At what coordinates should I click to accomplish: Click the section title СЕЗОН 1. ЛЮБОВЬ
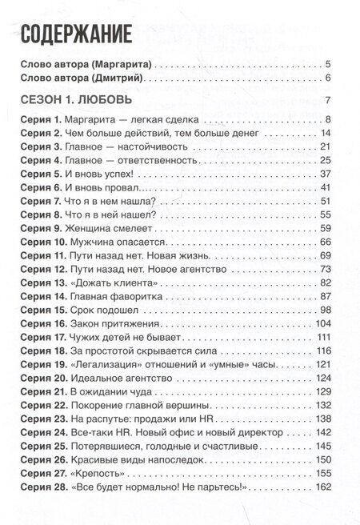(77, 101)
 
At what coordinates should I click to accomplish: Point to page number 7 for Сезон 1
(328, 101)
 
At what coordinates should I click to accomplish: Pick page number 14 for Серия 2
(325, 133)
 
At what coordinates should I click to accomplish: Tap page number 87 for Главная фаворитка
(325, 296)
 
